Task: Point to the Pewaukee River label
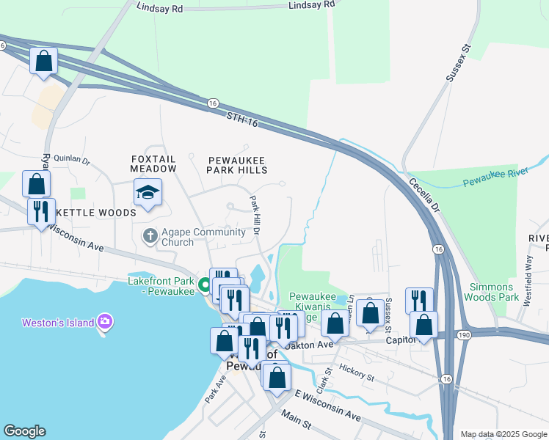click(488, 180)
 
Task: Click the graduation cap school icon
click(148, 193)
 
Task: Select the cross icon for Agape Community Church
click(149, 236)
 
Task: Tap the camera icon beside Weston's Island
click(105, 322)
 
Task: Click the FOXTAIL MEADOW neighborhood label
click(154, 164)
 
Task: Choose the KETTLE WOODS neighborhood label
click(96, 213)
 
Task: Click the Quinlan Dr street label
click(70, 160)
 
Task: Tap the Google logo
click(24, 431)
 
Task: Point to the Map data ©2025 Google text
click(503, 434)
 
